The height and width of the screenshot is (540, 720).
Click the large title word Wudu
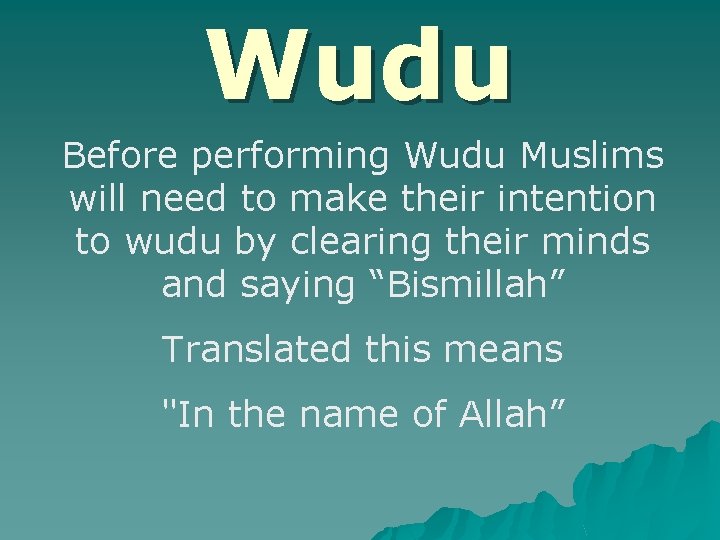[x=360, y=65]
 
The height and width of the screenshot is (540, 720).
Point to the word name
[x=332, y=412]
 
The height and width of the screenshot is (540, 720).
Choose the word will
[x=100, y=199]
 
